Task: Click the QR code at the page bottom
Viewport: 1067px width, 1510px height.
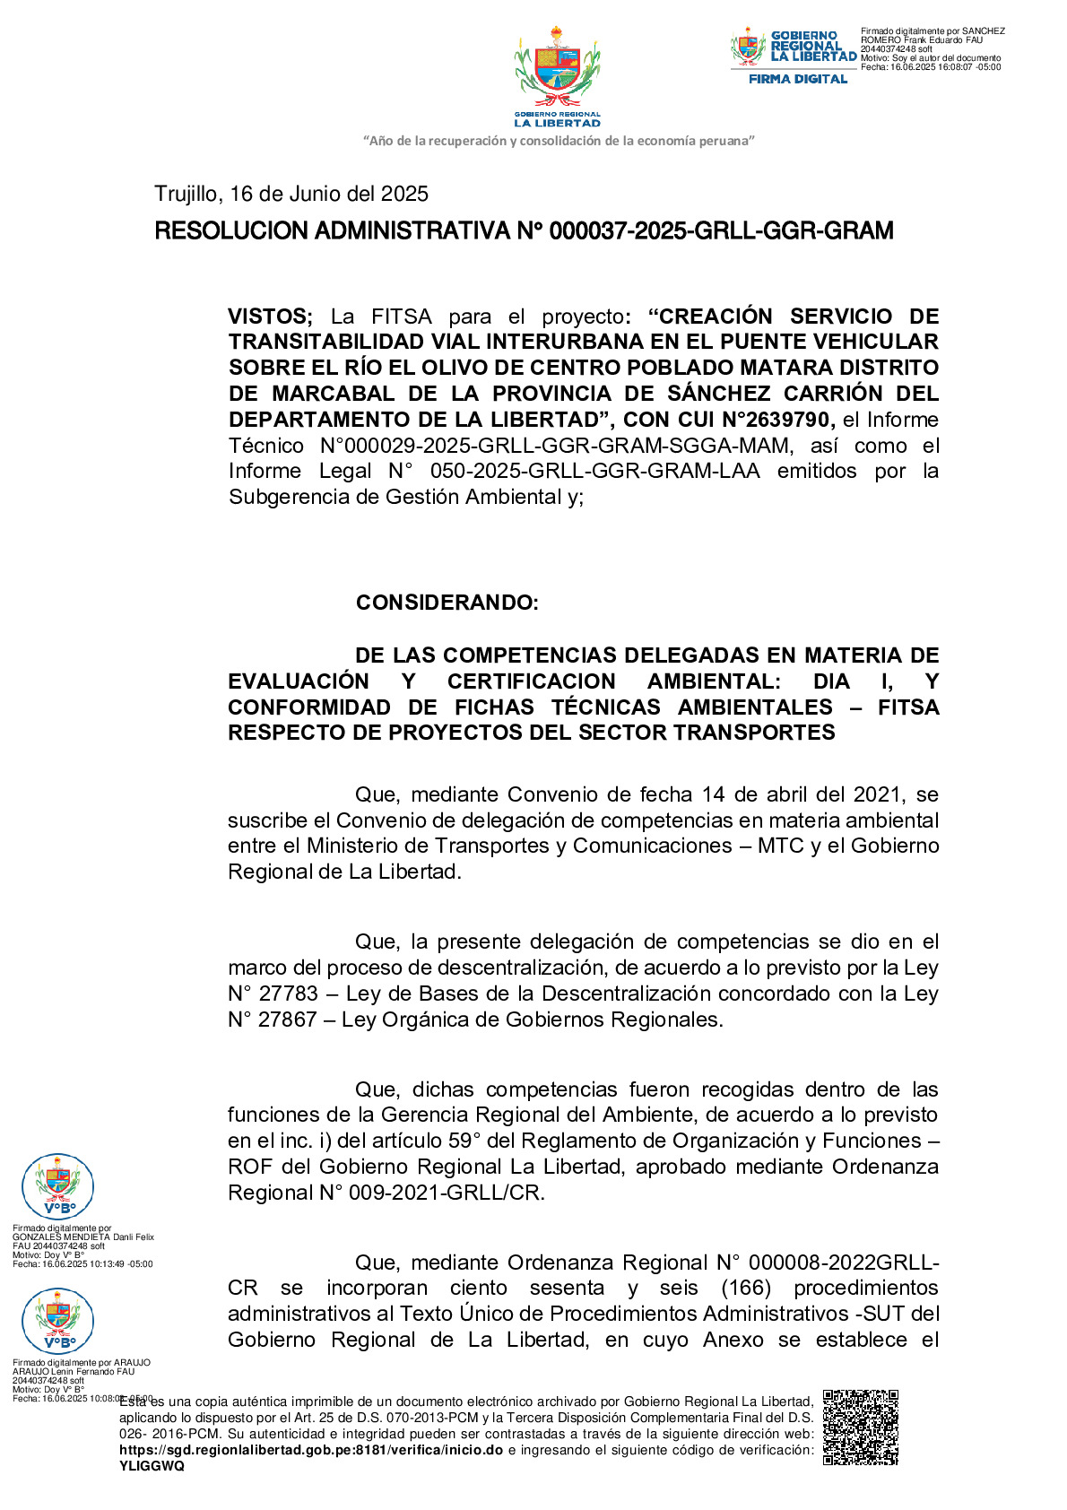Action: (860, 1427)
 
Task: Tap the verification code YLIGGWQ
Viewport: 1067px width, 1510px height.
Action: (152, 1466)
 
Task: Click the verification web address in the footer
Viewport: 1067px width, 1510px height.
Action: (310, 1450)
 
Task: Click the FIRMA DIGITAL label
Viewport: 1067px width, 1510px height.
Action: (798, 79)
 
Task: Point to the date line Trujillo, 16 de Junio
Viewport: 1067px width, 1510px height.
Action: (291, 194)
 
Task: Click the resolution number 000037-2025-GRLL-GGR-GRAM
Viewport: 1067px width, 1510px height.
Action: (721, 231)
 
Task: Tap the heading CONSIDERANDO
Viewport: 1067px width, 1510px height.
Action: (447, 603)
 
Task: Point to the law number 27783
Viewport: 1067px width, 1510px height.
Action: (288, 994)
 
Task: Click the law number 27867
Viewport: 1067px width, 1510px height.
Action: (288, 1020)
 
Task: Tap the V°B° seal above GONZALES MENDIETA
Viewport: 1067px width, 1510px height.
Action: (58, 1186)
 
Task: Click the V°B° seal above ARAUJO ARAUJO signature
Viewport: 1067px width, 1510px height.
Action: (58, 1321)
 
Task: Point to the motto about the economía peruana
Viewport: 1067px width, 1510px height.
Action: (559, 141)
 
